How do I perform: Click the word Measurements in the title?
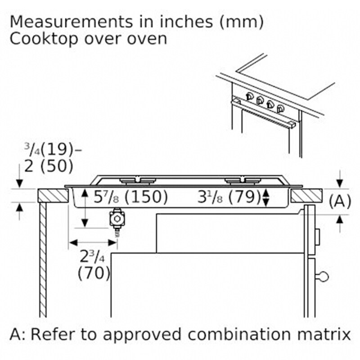coord(72,22)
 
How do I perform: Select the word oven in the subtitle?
coord(147,39)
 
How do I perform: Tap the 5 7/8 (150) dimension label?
coord(130,197)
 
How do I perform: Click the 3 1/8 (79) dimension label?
coord(229,197)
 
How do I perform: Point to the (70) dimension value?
coord(94,273)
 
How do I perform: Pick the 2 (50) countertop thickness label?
coord(49,166)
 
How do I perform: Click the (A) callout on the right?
coord(340,201)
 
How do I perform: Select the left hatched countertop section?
coord(53,196)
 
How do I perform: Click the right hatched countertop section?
coord(306,196)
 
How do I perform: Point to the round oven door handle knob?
coord(323,276)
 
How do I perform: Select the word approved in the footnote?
coord(142,335)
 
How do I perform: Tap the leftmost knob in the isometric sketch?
coord(250,96)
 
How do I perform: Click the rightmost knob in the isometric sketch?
coord(280,108)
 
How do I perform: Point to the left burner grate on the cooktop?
coord(138,181)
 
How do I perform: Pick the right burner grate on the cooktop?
coord(243,181)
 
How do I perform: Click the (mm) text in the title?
coord(242,22)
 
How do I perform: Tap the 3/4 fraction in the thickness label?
coord(32,149)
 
